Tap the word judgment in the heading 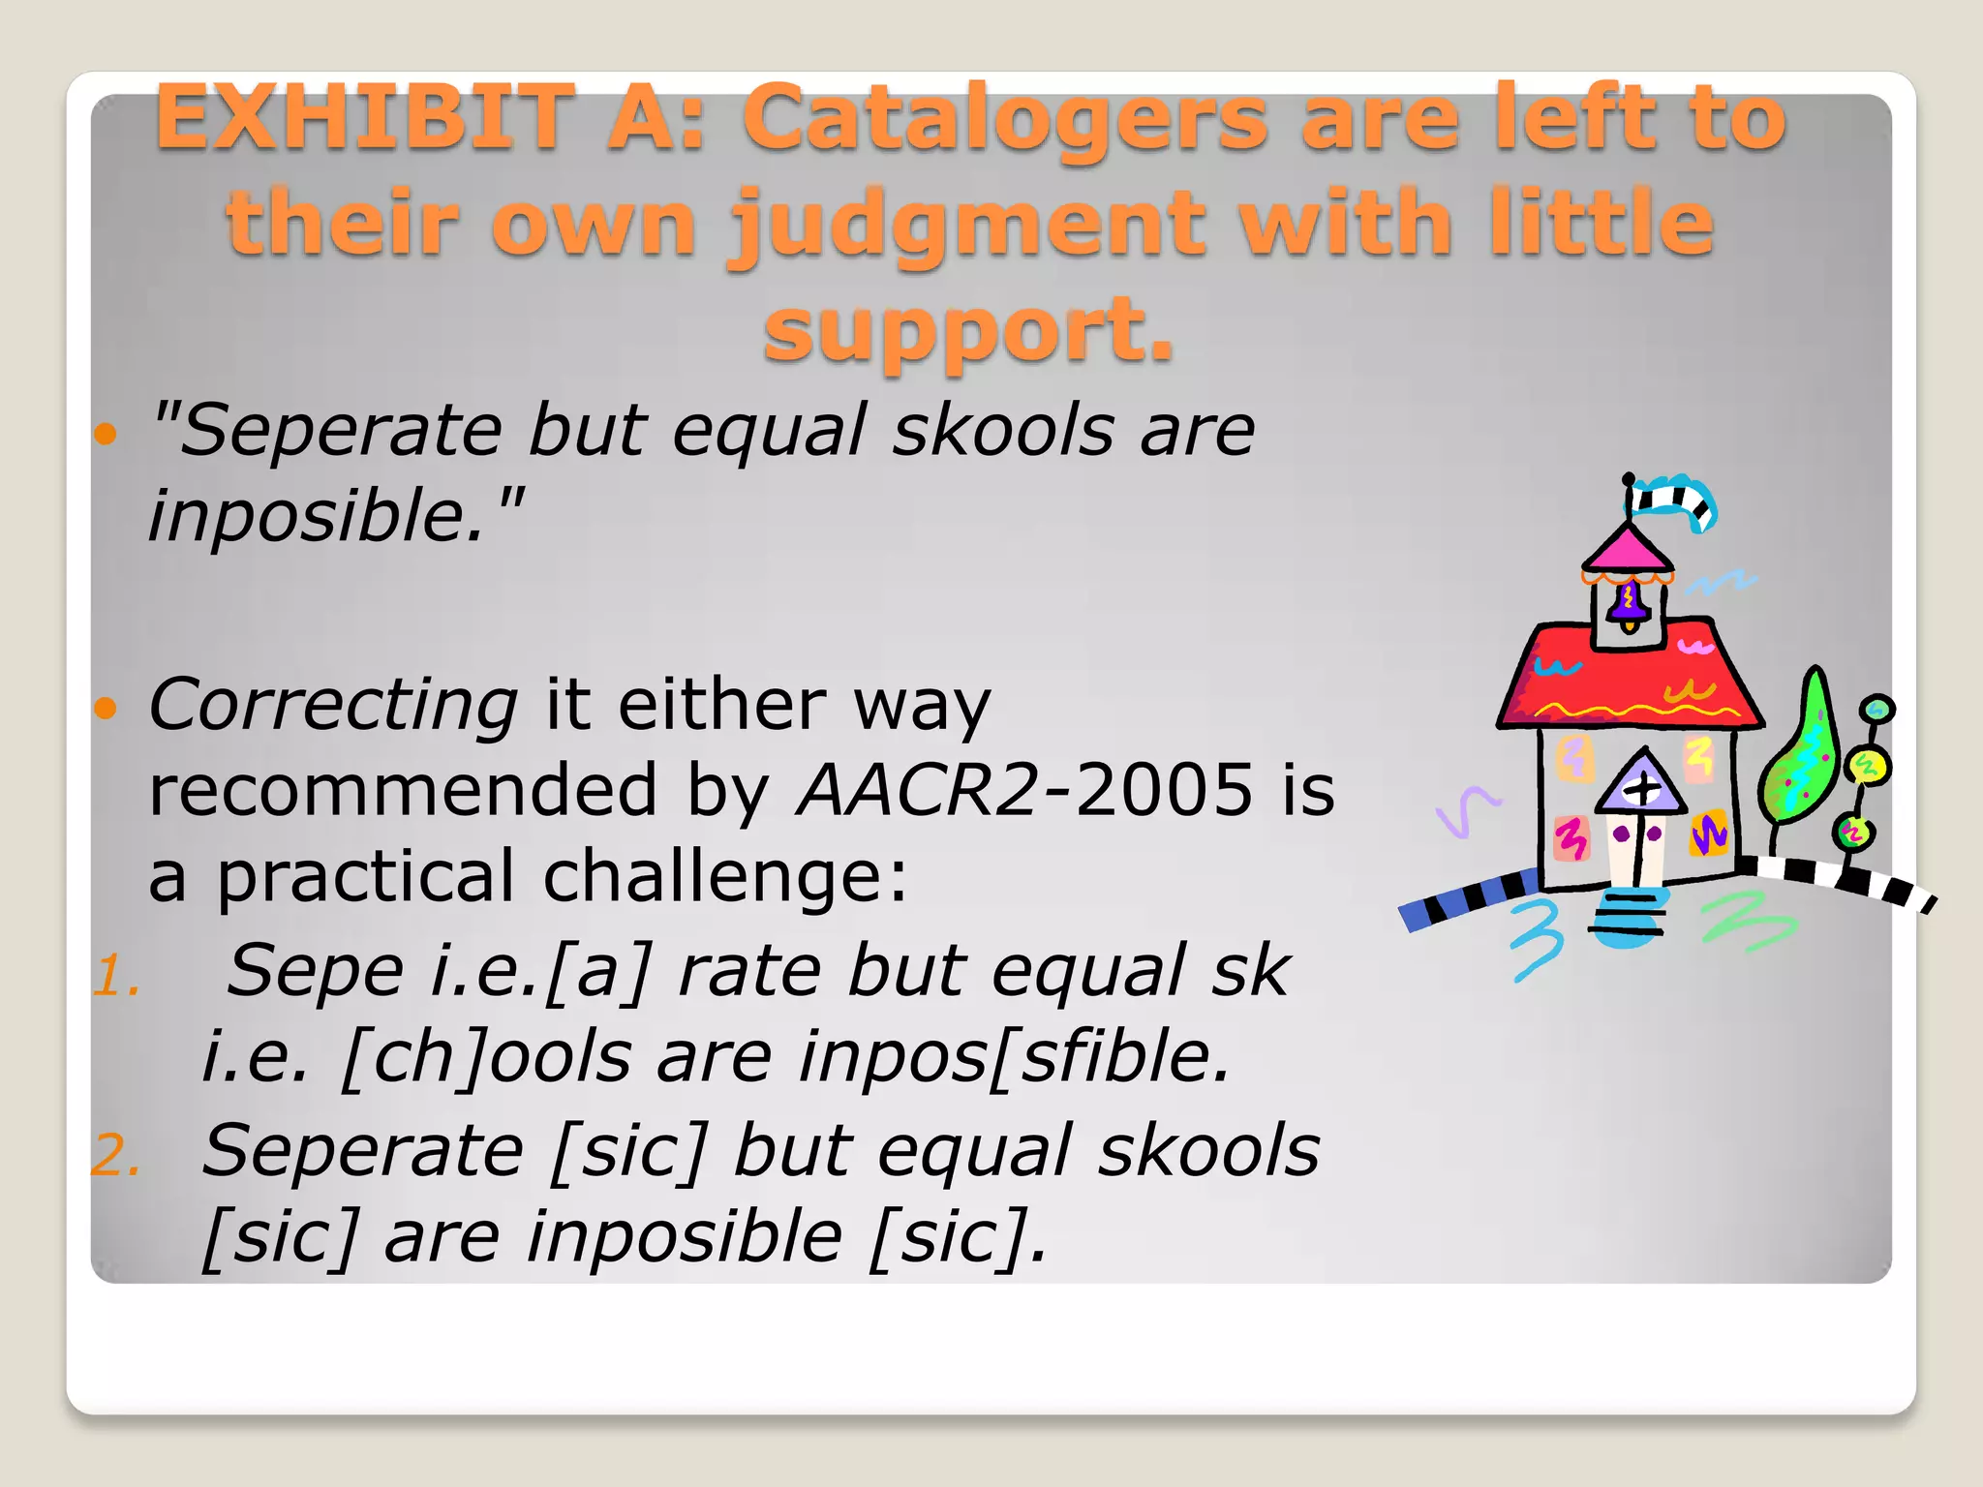click(969, 225)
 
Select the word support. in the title click(968, 331)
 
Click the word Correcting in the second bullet click(333, 705)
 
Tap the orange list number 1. click(116, 975)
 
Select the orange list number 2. click(116, 1155)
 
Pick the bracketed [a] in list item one click(599, 970)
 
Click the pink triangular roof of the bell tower click(1627, 549)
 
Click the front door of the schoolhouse click(1636, 842)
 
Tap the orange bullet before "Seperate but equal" click(106, 433)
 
